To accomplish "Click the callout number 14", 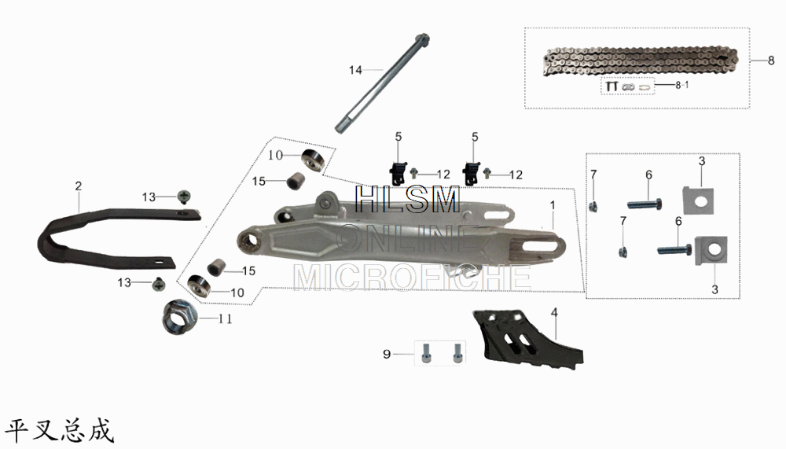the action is (355, 70).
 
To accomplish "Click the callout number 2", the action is (79, 186).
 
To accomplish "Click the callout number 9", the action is (387, 355).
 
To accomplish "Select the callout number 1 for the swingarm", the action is (553, 204).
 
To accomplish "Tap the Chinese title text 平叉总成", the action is (60, 430).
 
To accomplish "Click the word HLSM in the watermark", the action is (407, 200).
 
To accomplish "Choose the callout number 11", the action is (225, 319).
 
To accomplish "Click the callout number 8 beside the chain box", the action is (771, 60).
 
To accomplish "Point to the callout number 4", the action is (554, 313).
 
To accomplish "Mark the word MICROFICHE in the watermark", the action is (411, 276).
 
